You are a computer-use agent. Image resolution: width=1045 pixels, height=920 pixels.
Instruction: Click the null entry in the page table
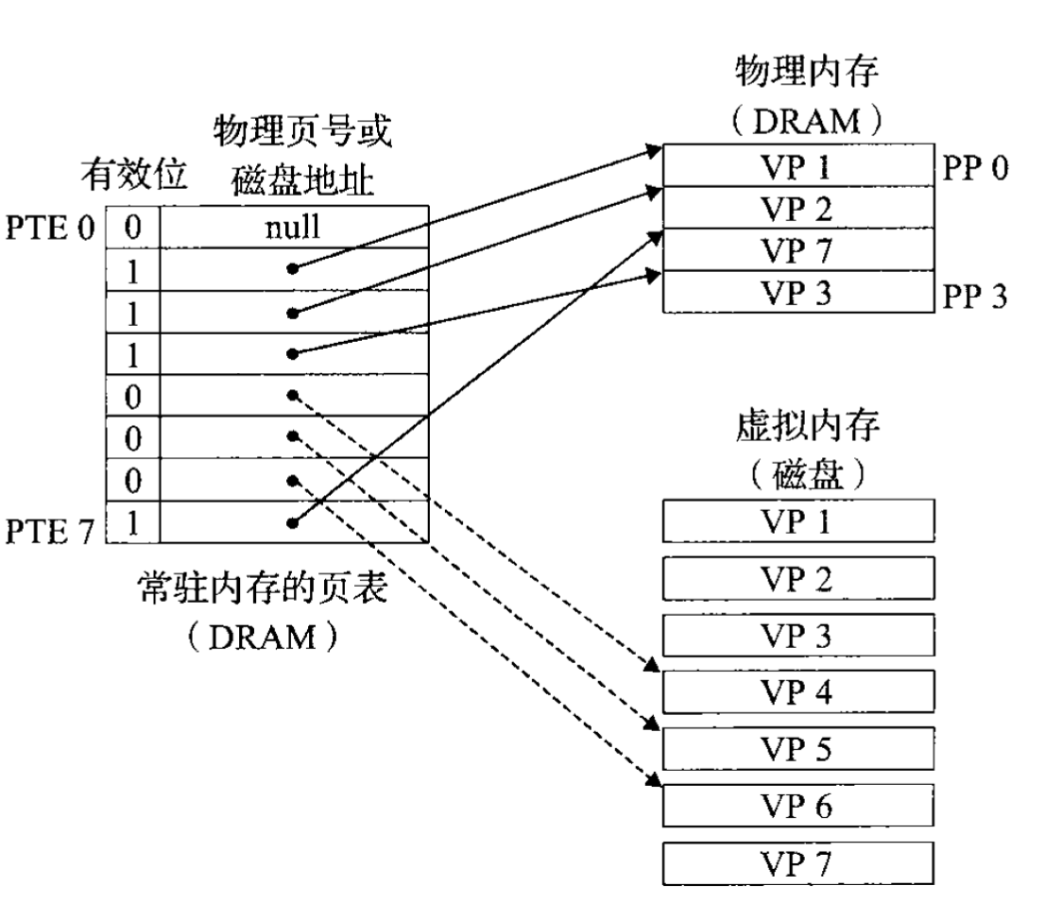295,227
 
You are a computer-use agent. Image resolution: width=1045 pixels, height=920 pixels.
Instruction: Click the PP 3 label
972,294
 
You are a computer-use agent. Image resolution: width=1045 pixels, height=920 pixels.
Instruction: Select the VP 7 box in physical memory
797,250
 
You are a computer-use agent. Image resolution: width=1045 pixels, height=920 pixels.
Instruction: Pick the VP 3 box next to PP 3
797,292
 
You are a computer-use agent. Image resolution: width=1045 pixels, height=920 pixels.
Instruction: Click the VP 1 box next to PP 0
797,167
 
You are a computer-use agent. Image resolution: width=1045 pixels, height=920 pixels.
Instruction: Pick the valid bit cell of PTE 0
133,227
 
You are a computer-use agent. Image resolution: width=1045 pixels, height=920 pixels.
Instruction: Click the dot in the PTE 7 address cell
294,523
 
